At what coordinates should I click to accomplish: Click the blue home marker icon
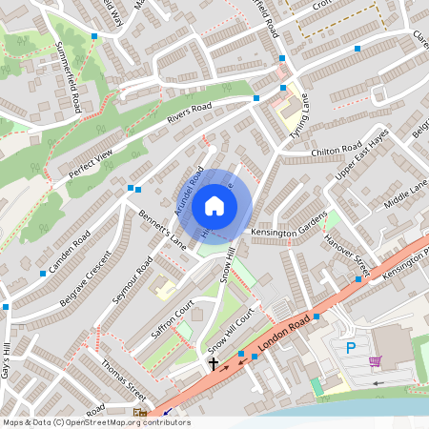coord(214,206)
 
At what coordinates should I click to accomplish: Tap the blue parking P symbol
coord(351,349)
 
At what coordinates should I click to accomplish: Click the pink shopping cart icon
coord(376,361)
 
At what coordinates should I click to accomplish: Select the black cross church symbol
coord(213,362)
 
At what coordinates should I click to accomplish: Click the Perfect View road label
coord(92,160)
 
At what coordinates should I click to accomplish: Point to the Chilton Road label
coord(337,151)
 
